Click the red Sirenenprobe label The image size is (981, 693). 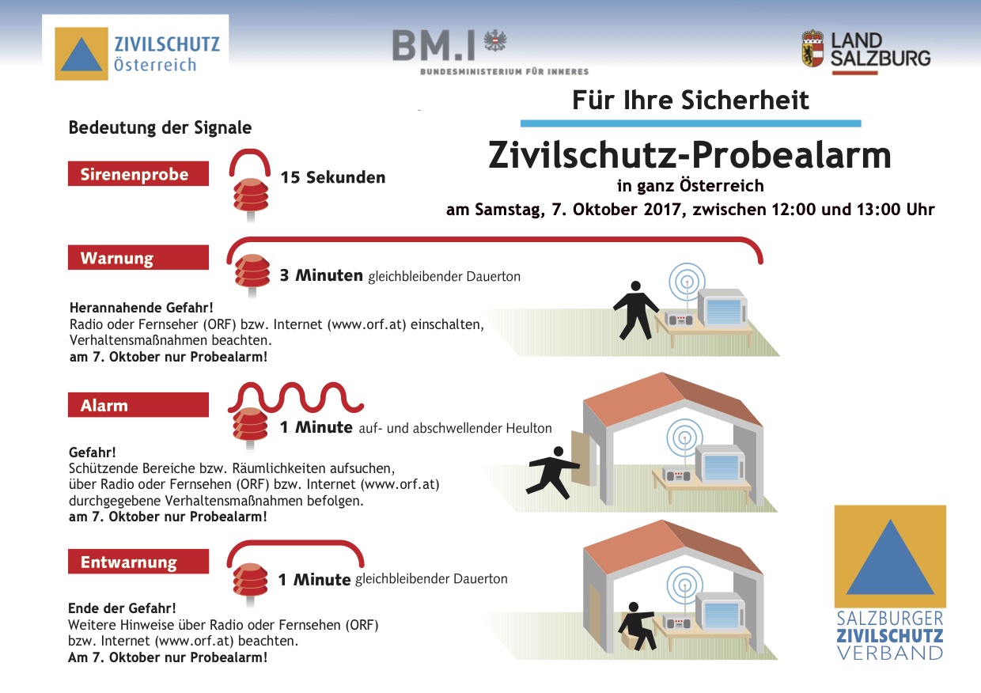click(x=138, y=173)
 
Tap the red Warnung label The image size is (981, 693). click(x=138, y=257)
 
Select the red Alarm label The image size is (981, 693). click(x=138, y=405)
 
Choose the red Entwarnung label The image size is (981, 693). click(x=138, y=561)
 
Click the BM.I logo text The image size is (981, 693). click(x=433, y=46)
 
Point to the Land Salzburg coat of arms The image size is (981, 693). click(x=812, y=48)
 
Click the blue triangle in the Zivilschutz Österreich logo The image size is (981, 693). click(x=81, y=55)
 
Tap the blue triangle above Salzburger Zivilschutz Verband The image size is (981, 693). click(x=890, y=557)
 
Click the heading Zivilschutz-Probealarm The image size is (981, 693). click(x=690, y=156)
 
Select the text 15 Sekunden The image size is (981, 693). click(x=333, y=177)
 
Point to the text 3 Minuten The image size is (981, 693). click(x=321, y=275)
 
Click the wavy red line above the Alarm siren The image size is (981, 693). click(x=296, y=398)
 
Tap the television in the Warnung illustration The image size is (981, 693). click(x=722, y=308)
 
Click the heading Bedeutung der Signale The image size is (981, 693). click(x=161, y=128)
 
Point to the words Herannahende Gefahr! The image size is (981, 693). click(x=142, y=308)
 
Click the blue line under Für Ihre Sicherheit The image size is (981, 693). click(x=691, y=123)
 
